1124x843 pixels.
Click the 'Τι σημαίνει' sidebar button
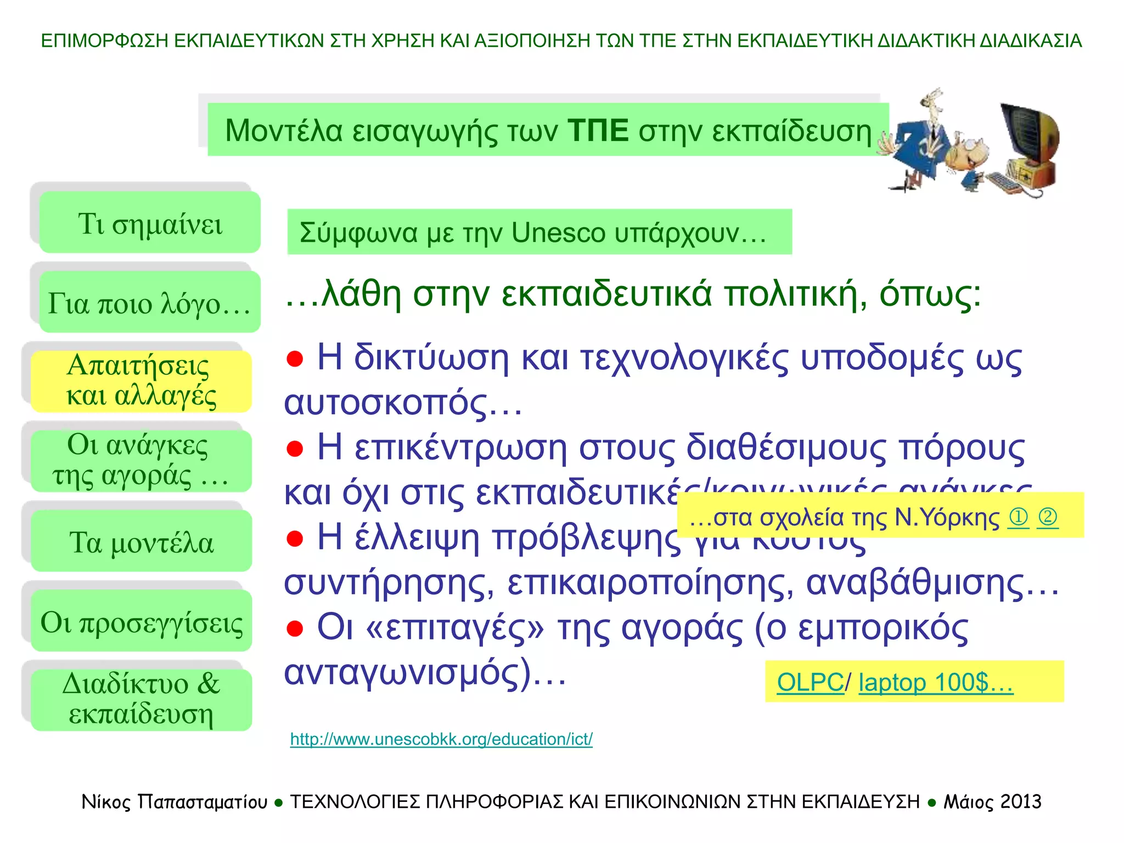pos(149,222)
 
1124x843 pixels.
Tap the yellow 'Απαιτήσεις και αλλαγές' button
pos(141,381)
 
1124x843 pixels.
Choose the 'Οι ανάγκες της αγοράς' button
pos(141,460)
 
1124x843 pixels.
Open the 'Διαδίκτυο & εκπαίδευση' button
pos(141,700)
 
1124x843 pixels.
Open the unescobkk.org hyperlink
pos(441,739)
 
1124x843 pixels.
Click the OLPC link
pos(810,682)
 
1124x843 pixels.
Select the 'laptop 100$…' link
pos(935,682)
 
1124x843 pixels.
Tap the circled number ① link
pos(1019,517)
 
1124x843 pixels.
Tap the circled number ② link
pos(1048,517)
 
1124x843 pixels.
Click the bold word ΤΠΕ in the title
pos(598,131)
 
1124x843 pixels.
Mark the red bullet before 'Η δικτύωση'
pos(295,359)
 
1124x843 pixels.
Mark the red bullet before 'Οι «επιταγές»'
pos(295,628)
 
